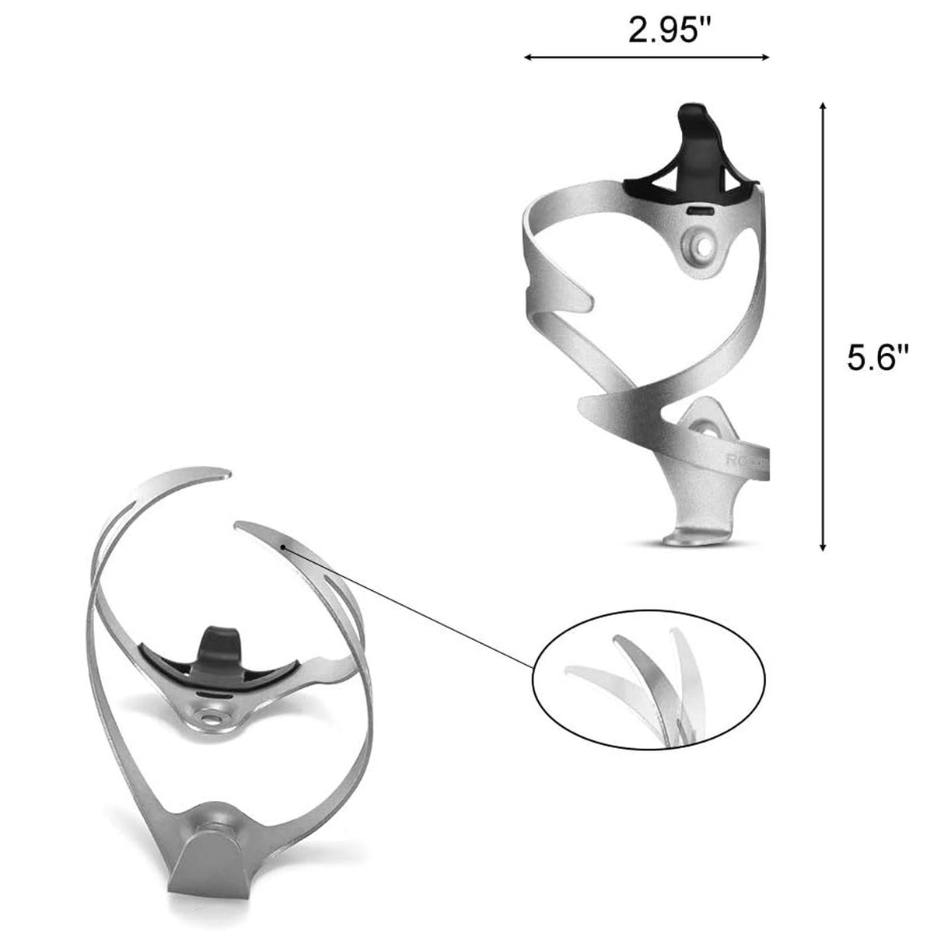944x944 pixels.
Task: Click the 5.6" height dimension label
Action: tap(877, 359)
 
